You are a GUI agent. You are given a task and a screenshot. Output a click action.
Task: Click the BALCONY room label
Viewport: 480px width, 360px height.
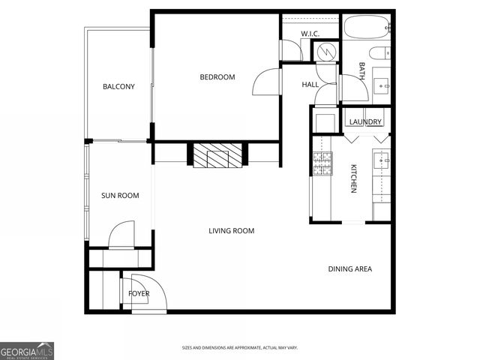pos(118,87)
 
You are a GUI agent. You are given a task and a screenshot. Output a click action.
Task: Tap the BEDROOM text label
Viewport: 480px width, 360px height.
pos(217,77)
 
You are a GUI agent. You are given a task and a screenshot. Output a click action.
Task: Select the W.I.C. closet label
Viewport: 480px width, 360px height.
pos(310,34)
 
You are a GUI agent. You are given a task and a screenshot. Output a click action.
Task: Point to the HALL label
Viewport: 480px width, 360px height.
pos(310,85)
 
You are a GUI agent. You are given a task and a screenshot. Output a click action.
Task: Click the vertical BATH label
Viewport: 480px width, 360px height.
pos(361,72)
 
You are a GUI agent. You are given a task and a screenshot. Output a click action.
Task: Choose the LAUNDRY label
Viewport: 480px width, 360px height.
pos(365,122)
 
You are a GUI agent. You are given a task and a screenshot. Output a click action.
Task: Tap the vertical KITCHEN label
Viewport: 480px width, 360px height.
pos(352,178)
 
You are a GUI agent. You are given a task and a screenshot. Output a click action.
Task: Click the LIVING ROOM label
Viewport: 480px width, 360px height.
pos(231,231)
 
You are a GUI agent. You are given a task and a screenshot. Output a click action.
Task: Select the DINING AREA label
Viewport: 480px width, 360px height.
pos(349,269)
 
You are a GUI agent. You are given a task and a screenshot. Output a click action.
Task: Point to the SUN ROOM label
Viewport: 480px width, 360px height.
pos(120,196)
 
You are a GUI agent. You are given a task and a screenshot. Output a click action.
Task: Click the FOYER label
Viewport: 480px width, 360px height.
pos(139,294)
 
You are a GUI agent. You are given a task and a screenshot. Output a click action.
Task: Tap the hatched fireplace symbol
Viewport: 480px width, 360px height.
pos(217,156)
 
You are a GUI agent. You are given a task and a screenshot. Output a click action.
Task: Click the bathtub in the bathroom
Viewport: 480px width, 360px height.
pos(367,28)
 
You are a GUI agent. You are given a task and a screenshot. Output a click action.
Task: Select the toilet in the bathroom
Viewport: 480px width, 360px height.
pos(381,53)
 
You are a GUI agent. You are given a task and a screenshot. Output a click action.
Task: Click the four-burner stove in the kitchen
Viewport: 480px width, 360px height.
pos(322,164)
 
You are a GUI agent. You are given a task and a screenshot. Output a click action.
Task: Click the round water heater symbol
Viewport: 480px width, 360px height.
pos(325,51)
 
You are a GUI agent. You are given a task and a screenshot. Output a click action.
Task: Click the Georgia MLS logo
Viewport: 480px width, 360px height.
pos(27,351)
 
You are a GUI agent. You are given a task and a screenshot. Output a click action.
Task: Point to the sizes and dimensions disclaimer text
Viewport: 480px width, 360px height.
pos(239,348)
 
